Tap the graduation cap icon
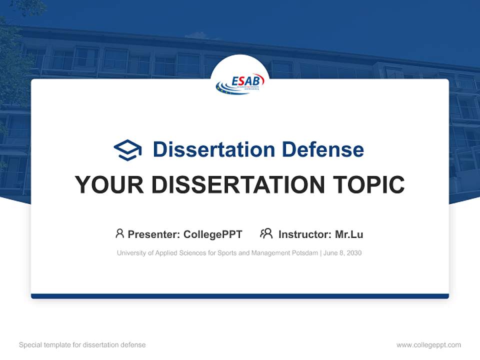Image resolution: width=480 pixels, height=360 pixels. pyautogui.click(x=127, y=150)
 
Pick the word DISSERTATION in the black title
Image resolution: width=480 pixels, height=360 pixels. pyautogui.click(x=238, y=185)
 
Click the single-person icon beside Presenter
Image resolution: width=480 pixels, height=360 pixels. pyautogui.click(x=119, y=233)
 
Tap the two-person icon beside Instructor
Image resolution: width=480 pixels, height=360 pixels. pyautogui.click(x=266, y=233)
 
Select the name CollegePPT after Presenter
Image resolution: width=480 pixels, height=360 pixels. pyautogui.click(x=213, y=234)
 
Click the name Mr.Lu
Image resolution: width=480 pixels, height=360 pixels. pyautogui.click(x=349, y=234)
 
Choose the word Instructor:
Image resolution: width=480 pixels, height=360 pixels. pyautogui.click(x=304, y=234)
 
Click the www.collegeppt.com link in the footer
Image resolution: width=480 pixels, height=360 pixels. pyautogui.click(x=428, y=345)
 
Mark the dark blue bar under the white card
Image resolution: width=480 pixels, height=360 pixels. pyautogui.click(x=240, y=296)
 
